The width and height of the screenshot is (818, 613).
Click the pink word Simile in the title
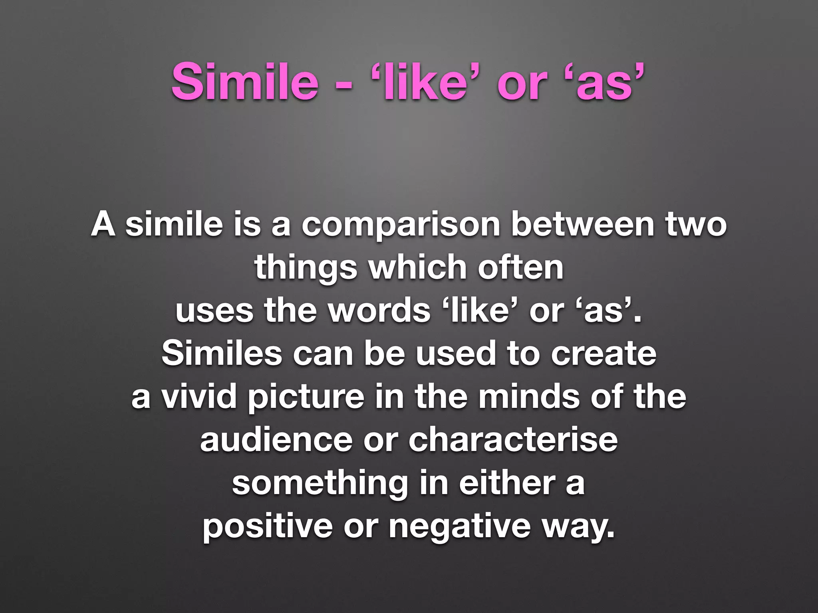pos(245,81)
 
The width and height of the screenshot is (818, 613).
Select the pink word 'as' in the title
pos(606,81)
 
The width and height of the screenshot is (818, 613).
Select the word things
pos(306,268)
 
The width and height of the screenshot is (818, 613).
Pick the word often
pos(521,267)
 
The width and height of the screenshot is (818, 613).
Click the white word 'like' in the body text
pos(480,310)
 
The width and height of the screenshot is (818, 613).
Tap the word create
pos(604,354)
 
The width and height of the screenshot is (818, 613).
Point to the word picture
pos(306,398)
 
